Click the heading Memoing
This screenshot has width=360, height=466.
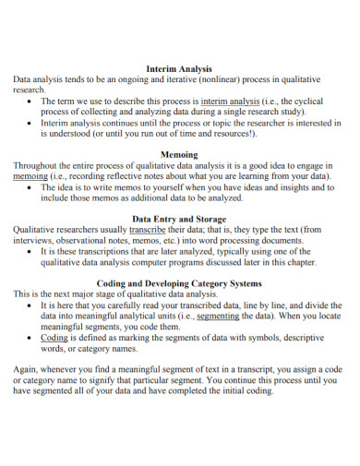(x=180, y=156)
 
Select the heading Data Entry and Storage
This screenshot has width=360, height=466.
(x=180, y=217)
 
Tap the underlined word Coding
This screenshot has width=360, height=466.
(x=54, y=338)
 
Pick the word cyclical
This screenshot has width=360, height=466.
(x=322, y=101)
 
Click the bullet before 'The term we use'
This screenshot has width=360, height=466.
(x=31, y=101)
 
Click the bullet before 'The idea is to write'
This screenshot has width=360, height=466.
(x=31, y=186)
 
